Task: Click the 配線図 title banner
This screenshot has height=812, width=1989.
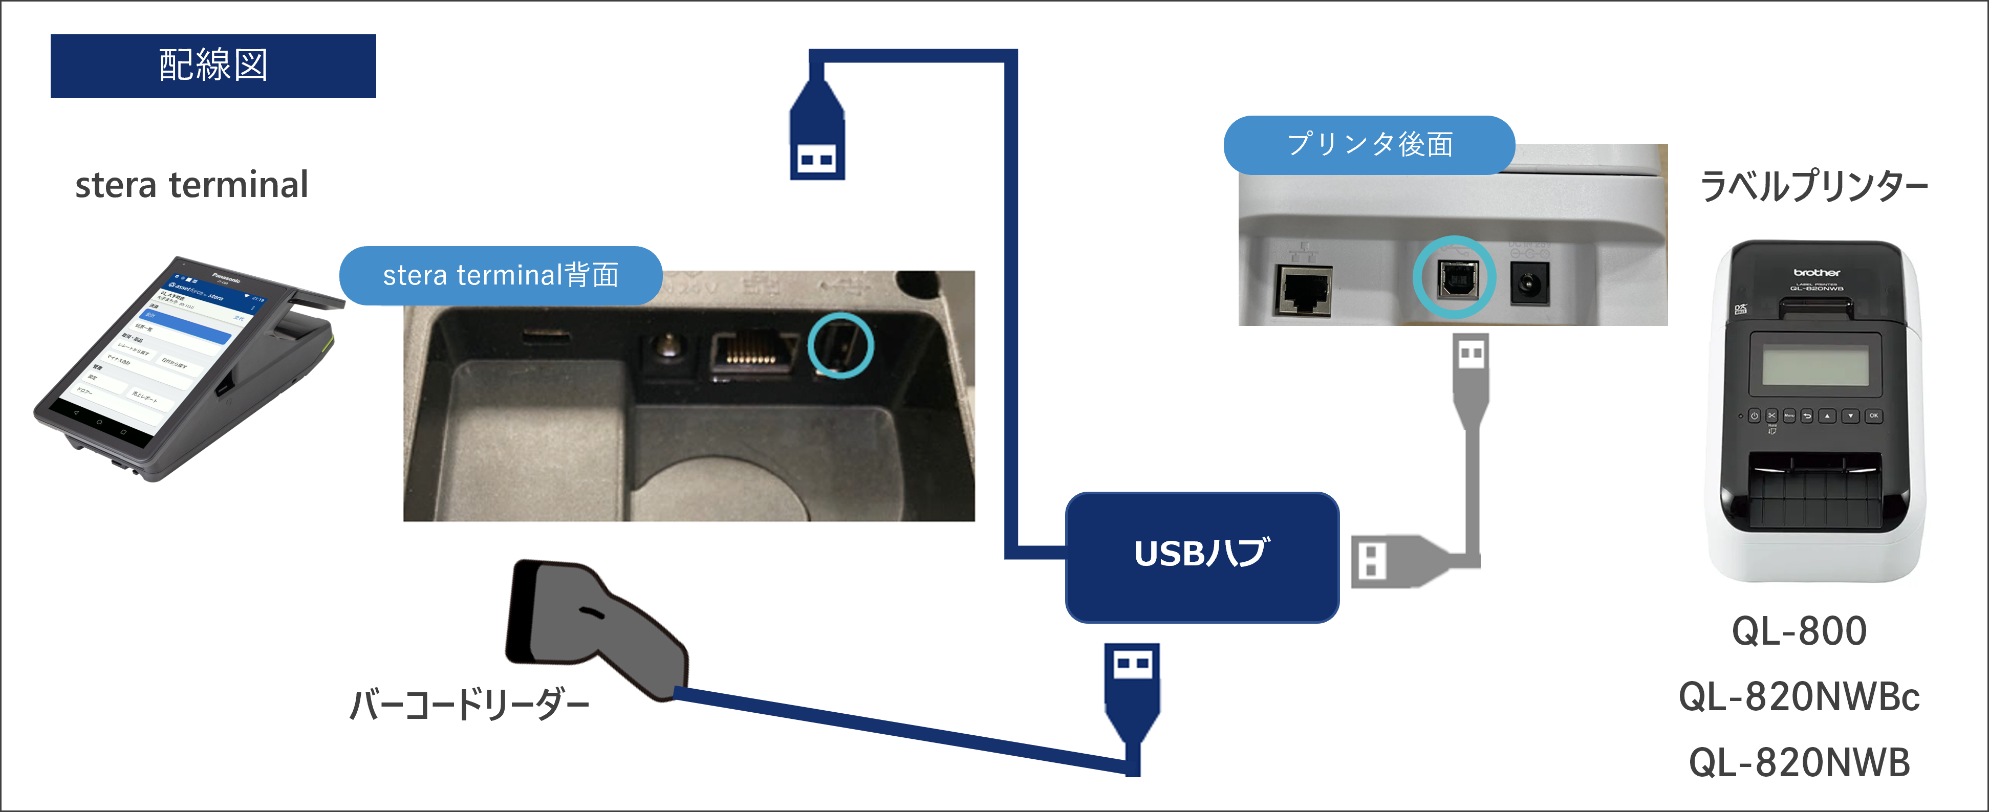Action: (213, 65)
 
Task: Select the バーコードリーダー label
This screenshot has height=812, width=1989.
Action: (469, 705)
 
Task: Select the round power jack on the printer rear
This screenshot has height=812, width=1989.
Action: (1528, 284)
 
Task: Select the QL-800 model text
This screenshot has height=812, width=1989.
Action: (1799, 631)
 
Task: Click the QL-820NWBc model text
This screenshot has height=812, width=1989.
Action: (1799, 697)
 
